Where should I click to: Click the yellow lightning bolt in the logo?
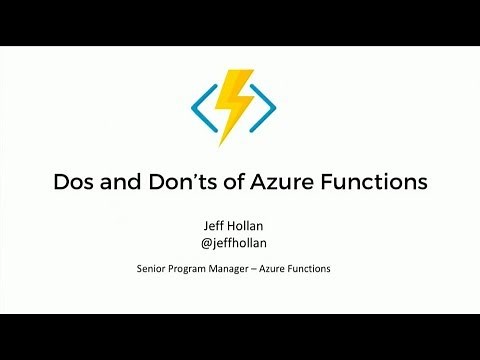(x=238, y=104)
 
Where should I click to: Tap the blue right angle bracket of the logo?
(x=262, y=103)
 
